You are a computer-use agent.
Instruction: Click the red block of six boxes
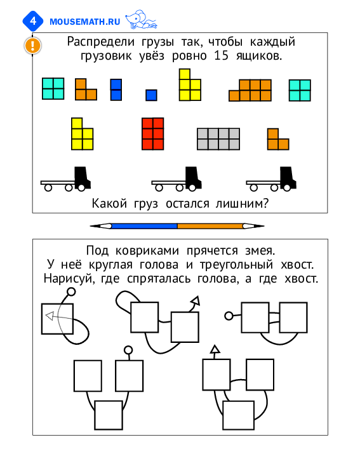[x=153, y=134]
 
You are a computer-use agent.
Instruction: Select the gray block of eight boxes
[x=218, y=139]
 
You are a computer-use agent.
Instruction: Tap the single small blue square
[x=151, y=95]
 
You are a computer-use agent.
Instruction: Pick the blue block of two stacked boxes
[x=116, y=90]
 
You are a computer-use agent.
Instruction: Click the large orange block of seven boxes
[x=250, y=90]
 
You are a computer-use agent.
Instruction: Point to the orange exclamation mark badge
[x=32, y=46]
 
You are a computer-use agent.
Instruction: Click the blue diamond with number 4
[x=33, y=21]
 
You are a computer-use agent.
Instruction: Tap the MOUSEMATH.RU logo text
[x=85, y=22]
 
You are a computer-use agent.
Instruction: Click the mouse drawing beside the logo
[x=141, y=20]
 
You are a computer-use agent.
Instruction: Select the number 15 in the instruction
[x=221, y=56]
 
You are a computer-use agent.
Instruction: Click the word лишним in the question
[x=242, y=204]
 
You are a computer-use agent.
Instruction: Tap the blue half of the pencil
[x=144, y=226]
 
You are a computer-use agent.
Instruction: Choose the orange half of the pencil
[x=210, y=226]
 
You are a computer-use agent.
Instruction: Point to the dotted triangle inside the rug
[x=50, y=316]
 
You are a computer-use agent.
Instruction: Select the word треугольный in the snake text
[x=236, y=265]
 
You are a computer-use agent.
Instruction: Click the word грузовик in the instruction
[x=106, y=56]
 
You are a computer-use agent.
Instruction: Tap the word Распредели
[x=100, y=42]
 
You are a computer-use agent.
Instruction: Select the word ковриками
[x=147, y=251]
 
